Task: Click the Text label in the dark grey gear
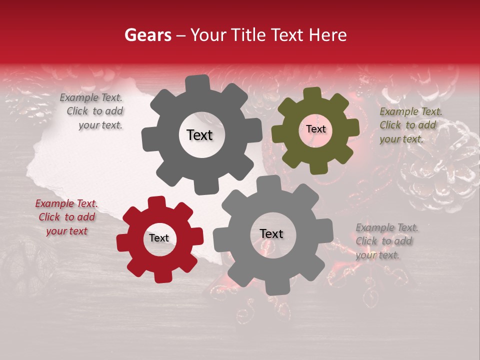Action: click(199, 135)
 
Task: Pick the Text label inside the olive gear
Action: click(315, 129)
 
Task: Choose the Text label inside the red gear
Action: click(159, 238)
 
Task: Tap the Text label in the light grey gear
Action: click(271, 234)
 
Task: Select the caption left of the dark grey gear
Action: click(93, 111)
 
